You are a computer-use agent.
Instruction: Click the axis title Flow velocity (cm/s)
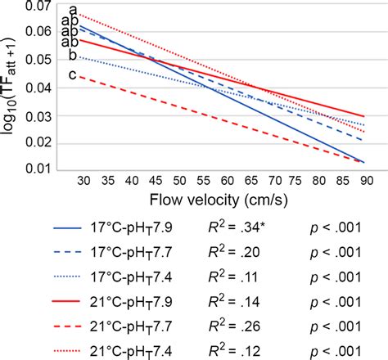pyautogui.click(x=213, y=199)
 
